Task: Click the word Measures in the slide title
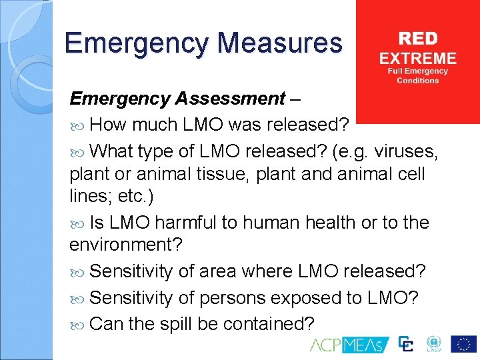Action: pos(279,44)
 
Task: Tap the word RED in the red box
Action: pos(418,38)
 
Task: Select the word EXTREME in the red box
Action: pos(418,57)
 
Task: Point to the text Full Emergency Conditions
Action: pos(418,75)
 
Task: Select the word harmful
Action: pos(181,222)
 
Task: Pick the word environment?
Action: pos(125,245)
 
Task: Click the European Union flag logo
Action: pos(463,344)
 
